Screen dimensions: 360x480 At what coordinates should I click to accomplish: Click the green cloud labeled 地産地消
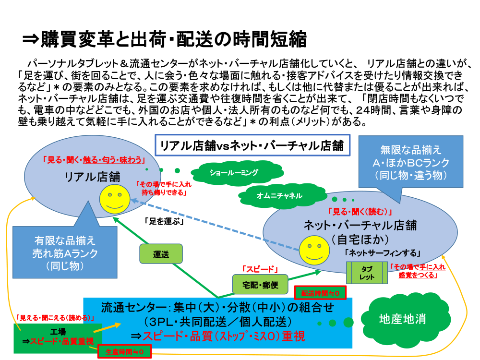[402, 319]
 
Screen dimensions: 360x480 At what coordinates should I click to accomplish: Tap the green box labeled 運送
[161, 254]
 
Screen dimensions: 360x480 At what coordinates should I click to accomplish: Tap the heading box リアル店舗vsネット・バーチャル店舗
[252, 145]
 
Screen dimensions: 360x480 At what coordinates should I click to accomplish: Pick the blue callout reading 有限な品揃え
[65, 252]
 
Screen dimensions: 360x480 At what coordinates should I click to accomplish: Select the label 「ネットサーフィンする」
[382, 253]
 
